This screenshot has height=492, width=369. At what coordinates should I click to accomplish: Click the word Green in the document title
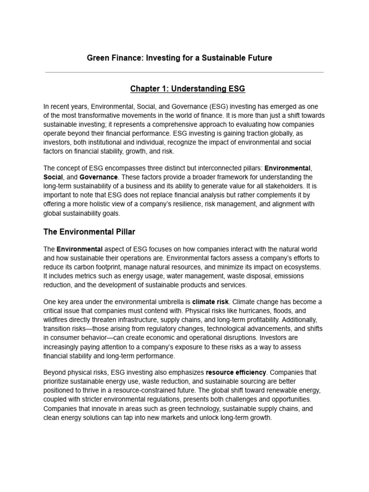98,58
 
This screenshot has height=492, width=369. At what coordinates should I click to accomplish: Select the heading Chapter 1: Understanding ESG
184,89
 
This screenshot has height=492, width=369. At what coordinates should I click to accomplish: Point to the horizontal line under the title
184,72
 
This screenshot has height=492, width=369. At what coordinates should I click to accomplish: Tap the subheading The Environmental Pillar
89,232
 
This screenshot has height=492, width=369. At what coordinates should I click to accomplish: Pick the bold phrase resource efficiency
235,372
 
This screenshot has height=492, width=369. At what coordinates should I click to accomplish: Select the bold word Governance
98,177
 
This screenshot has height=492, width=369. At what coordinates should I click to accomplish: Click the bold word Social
53,177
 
